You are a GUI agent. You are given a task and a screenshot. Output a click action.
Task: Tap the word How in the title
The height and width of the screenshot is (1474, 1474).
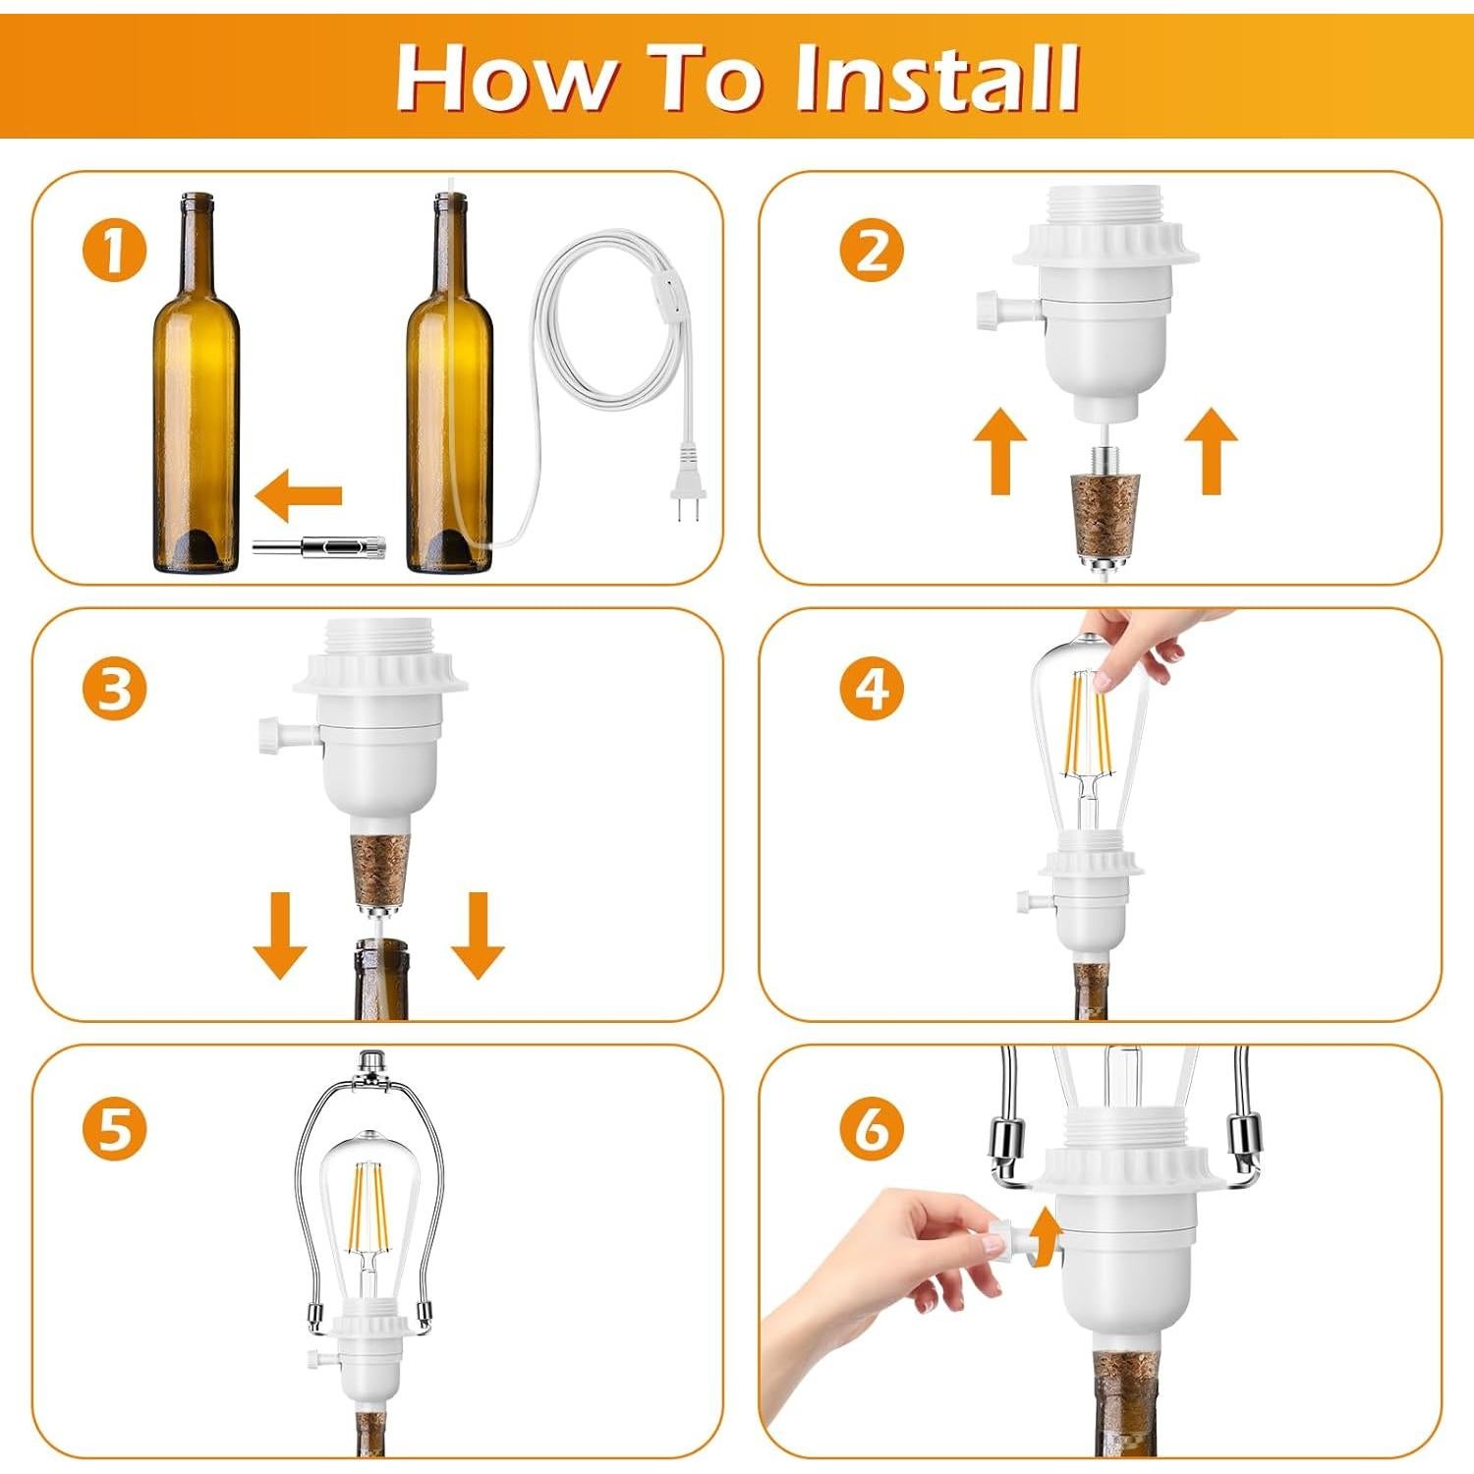pos(507,79)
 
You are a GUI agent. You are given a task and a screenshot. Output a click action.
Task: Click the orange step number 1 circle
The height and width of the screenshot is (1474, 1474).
pos(114,251)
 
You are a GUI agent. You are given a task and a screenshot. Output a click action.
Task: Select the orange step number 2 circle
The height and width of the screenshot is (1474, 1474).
pos(872,251)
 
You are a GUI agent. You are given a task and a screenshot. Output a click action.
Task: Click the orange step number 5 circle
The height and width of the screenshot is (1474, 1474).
pos(114,1127)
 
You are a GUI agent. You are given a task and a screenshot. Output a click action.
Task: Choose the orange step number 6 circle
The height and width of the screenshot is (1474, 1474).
pos(872,1127)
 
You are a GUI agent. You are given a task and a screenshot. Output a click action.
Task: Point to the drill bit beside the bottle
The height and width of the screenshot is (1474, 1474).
pos(318,547)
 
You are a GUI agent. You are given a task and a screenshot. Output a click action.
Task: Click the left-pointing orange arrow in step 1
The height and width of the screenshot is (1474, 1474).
pos(299,495)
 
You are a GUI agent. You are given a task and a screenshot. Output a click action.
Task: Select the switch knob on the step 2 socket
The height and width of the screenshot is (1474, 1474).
pos(991,310)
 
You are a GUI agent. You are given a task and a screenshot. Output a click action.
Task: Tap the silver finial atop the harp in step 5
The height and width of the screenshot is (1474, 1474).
pos(370,1062)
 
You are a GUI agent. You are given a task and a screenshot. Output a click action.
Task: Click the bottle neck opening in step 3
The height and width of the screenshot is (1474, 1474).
pos(381,949)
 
